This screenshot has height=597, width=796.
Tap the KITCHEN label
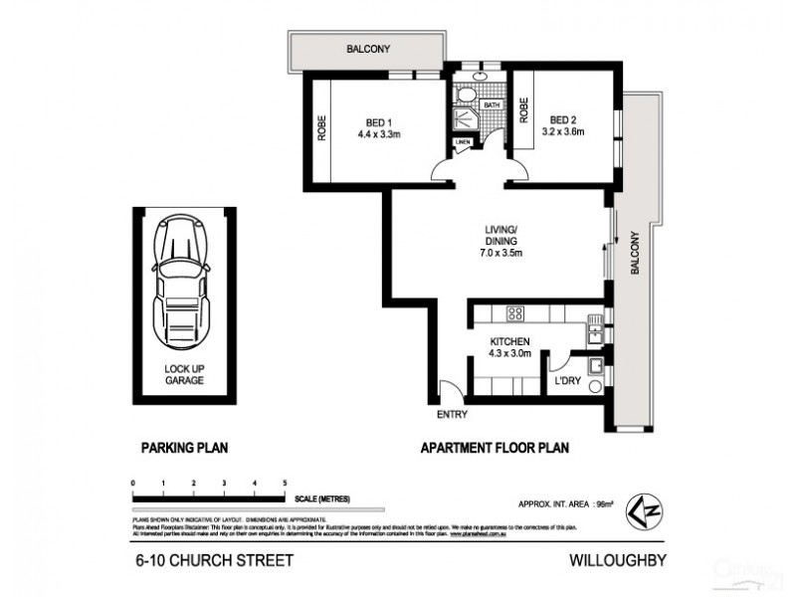coord(507,345)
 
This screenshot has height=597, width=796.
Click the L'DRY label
coord(567,379)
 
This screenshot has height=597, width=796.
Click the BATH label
coord(492,104)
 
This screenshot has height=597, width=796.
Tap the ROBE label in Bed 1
coord(321,131)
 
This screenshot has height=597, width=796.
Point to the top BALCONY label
coord(368,48)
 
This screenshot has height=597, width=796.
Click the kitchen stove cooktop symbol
coord(516,315)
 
